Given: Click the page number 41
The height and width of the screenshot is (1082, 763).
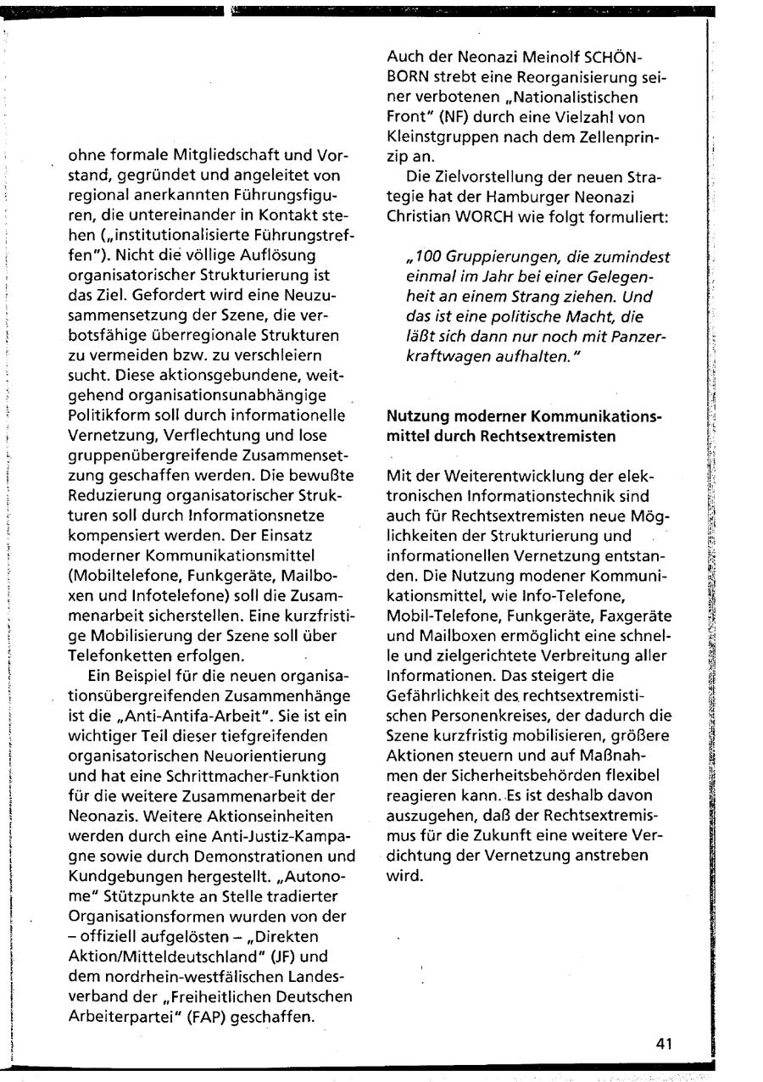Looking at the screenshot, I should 664,1044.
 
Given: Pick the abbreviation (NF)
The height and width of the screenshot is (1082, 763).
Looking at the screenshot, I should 474,120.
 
